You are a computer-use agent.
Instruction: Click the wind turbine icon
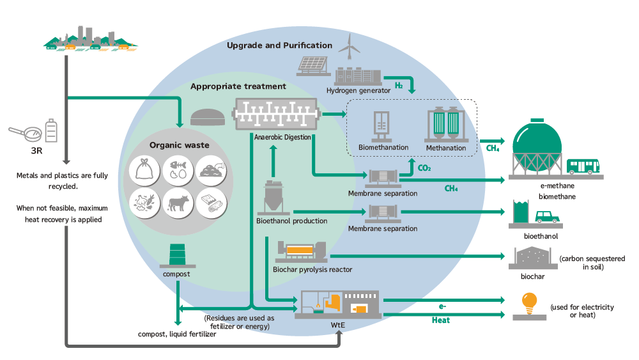pyautogui.click(x=348, y=47)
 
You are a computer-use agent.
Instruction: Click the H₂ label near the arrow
pyautogui.click(x=398, y=86)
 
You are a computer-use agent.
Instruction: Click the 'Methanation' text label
pyautogui.click(x=446, y=148)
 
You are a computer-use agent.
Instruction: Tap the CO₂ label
pyautogui.click(x=424, y=169)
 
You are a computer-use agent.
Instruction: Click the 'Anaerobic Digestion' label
pyautogui.click(x=282, y=137)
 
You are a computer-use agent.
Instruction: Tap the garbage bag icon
pyautogui.click(x=143, y=170)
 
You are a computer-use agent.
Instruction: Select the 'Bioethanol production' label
pyautogui.click(x=291, y=221)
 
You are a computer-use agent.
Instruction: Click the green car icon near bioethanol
pyautogui.click(x=547, y=216)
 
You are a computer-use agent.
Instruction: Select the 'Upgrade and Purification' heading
pyautogui.click(x=279, y=45)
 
